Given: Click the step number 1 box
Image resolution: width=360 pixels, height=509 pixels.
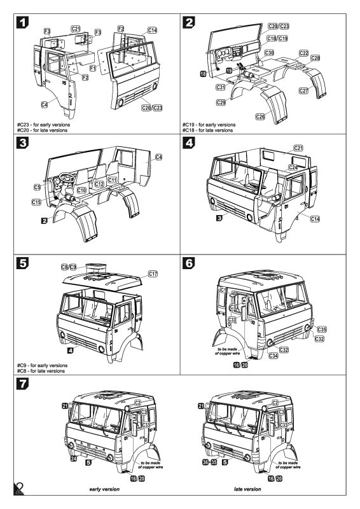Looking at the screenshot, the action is point(22,22).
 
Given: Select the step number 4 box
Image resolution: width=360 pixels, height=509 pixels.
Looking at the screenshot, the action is point(189,143).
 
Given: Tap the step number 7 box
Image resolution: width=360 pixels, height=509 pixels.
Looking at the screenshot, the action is point(22,384).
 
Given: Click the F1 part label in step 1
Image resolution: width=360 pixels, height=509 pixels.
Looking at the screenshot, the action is point(93,68).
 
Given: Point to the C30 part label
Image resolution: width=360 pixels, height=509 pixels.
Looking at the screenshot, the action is point(269,53).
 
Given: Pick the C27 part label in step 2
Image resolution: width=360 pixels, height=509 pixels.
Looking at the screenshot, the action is point(303,90).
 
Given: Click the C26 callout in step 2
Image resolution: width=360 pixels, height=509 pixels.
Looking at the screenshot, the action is point(260,116).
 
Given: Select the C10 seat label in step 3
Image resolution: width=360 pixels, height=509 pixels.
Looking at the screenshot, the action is point(81,190).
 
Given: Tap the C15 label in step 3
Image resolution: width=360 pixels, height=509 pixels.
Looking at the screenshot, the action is point(36,202).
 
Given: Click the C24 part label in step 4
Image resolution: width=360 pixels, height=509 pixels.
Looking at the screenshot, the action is point(293,167).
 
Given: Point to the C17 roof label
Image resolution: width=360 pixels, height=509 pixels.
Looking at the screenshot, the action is point(153,274).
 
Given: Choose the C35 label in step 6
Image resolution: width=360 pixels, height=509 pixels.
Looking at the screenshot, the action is point(321,329).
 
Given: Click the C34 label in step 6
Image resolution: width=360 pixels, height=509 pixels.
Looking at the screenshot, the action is point(273,356).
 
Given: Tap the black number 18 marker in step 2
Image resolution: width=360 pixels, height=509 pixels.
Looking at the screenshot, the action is point(203,74).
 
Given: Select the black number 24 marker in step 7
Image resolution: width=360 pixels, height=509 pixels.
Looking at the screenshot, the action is point(74,458).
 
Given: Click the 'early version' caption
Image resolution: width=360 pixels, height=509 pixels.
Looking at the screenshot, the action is point(104,489).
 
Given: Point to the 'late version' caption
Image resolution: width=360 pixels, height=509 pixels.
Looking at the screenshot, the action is point(247,489).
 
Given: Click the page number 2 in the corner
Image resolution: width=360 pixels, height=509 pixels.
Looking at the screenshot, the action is point(20,489).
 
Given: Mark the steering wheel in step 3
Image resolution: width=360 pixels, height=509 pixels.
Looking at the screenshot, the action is point(67,178).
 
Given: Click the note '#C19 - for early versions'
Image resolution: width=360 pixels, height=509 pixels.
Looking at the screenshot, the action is point(209,125).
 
